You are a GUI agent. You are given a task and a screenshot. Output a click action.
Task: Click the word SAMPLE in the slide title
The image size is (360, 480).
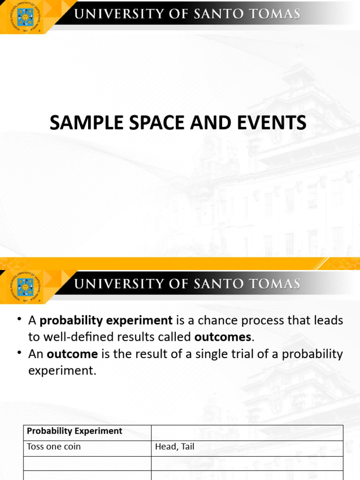(78, 123)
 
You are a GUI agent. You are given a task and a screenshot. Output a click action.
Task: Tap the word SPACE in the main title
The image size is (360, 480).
(142, 123)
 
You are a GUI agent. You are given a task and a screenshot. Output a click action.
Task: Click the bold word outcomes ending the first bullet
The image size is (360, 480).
(223, 337)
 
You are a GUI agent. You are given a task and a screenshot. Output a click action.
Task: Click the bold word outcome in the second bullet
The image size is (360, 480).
(72, 354)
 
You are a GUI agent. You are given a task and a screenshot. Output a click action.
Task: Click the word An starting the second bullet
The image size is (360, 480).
(36, 354)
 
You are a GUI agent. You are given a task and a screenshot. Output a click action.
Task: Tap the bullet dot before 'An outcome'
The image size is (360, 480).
(20, 352)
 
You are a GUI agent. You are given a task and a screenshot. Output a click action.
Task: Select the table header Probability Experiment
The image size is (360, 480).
(75, 431)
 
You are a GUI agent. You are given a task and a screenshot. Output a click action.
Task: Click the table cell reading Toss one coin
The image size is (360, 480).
(54, 447)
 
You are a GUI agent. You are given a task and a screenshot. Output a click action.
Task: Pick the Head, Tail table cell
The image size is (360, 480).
(174, 447)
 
